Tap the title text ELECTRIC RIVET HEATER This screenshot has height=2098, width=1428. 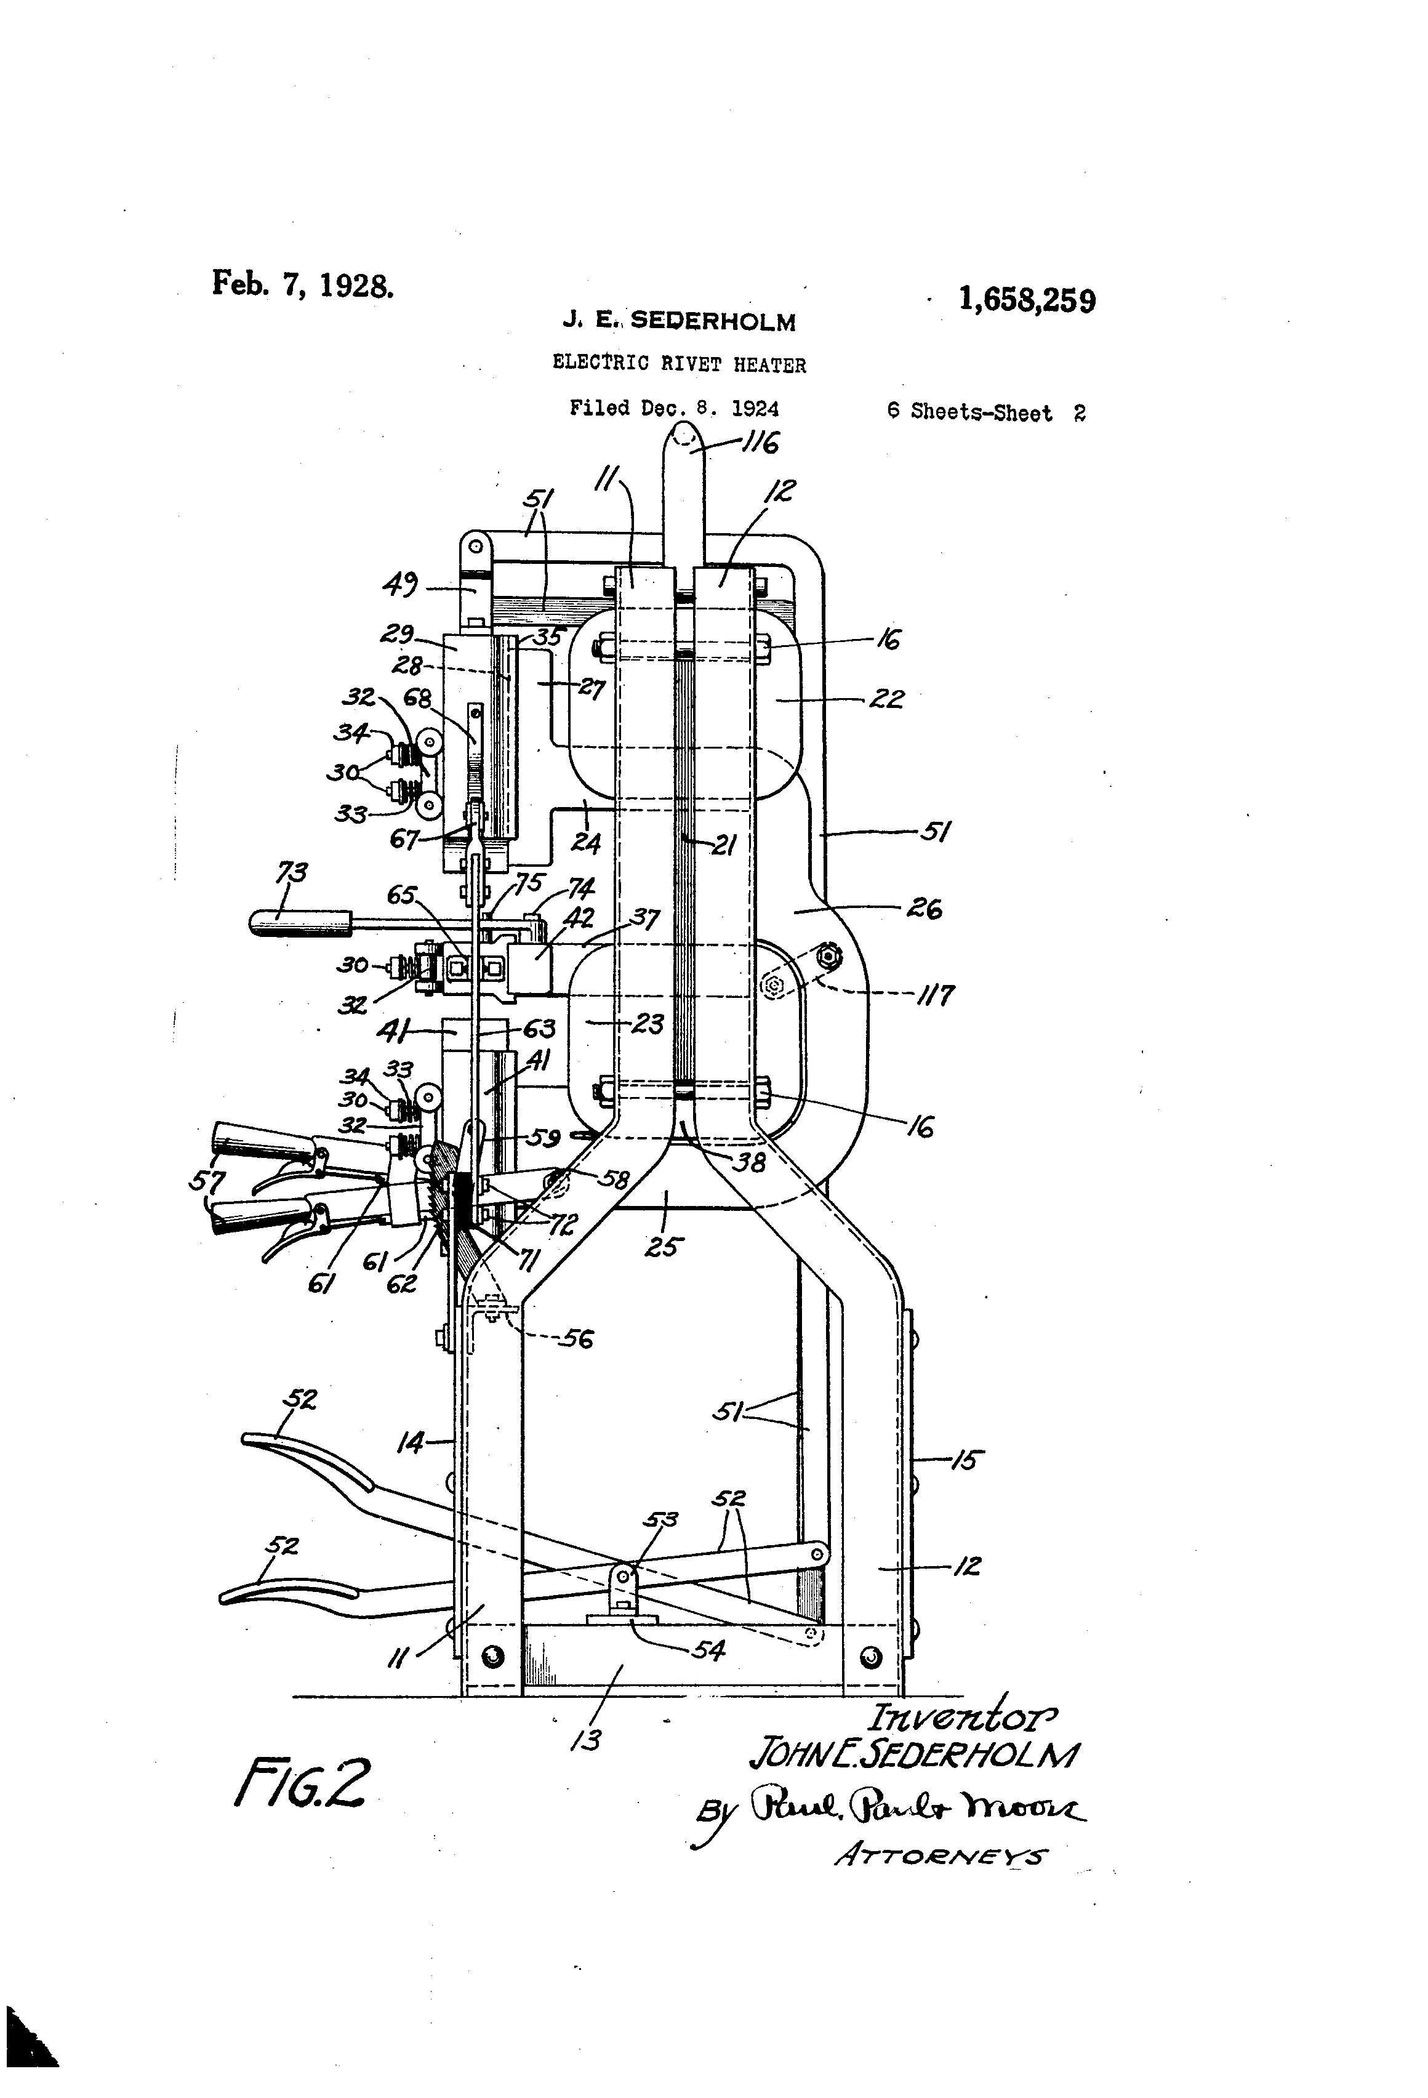[679, 364]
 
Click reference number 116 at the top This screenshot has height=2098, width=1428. [760, 443]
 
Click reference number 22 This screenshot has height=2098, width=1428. [886, 699]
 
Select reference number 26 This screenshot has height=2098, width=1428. [925, 909]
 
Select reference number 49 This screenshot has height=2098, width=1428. [401, 588]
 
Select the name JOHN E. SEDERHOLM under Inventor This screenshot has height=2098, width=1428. [913, 1754]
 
